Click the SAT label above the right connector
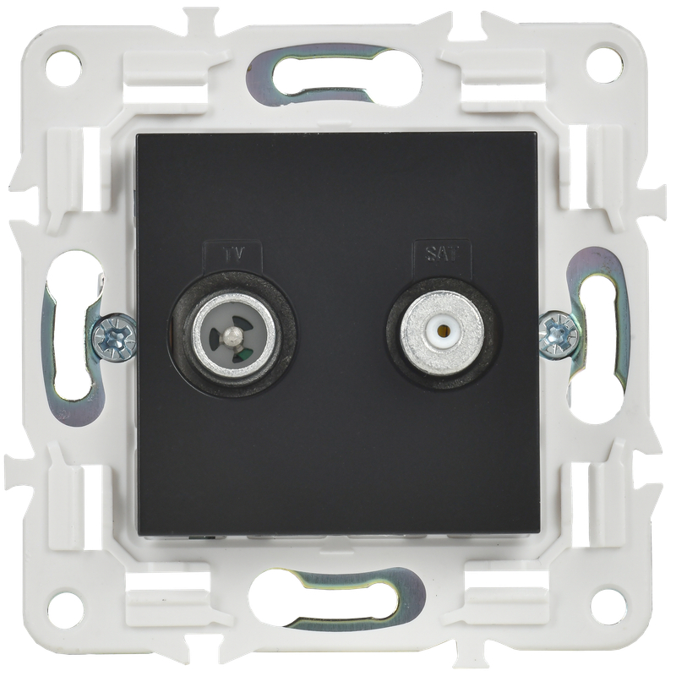(443, 254)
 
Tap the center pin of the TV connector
(232, 333)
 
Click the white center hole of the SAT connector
(442, 331)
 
